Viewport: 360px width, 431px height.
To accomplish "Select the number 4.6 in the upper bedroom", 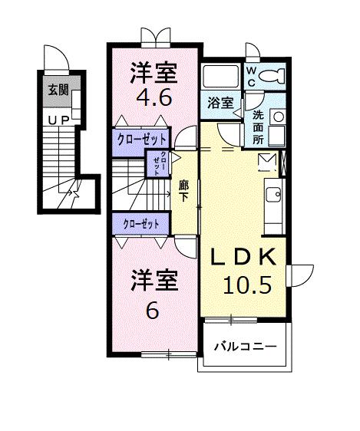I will tap(154, 98).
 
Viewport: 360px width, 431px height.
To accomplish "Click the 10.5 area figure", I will tap(246, 285).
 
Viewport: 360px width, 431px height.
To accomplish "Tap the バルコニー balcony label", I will tap(244, 347).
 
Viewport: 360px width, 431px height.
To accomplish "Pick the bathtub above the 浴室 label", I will tap(221, 77).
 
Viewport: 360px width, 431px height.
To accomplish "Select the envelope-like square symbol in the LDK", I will tap(266, 161).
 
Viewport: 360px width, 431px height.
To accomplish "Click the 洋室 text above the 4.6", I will tap(154, 73).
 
